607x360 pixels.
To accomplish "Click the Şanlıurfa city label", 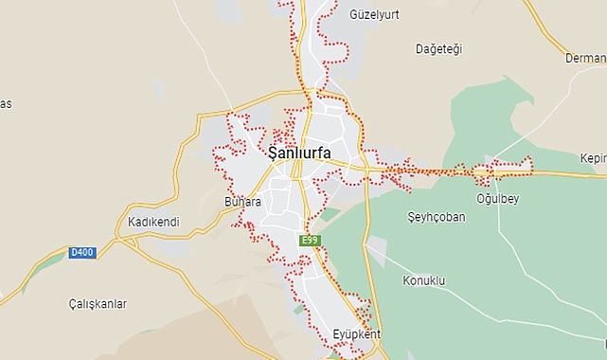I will click(x=304, y=152).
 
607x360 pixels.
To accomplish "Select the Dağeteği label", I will click(x=438, y=49).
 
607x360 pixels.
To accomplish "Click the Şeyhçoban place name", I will click(x=437, y=217).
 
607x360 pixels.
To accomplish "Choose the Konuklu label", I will click(x=423, y=280).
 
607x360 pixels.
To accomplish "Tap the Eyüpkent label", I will click(x=356, y=334).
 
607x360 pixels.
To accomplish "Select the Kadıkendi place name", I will click(x=153, y=222).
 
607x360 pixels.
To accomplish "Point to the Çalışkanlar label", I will click(x=98, y=304).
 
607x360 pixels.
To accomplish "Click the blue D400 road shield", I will click(x=82, y=252).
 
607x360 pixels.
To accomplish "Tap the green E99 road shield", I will click(x=310, y=241).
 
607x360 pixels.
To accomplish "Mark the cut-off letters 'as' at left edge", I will click(x=6, y=104).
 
